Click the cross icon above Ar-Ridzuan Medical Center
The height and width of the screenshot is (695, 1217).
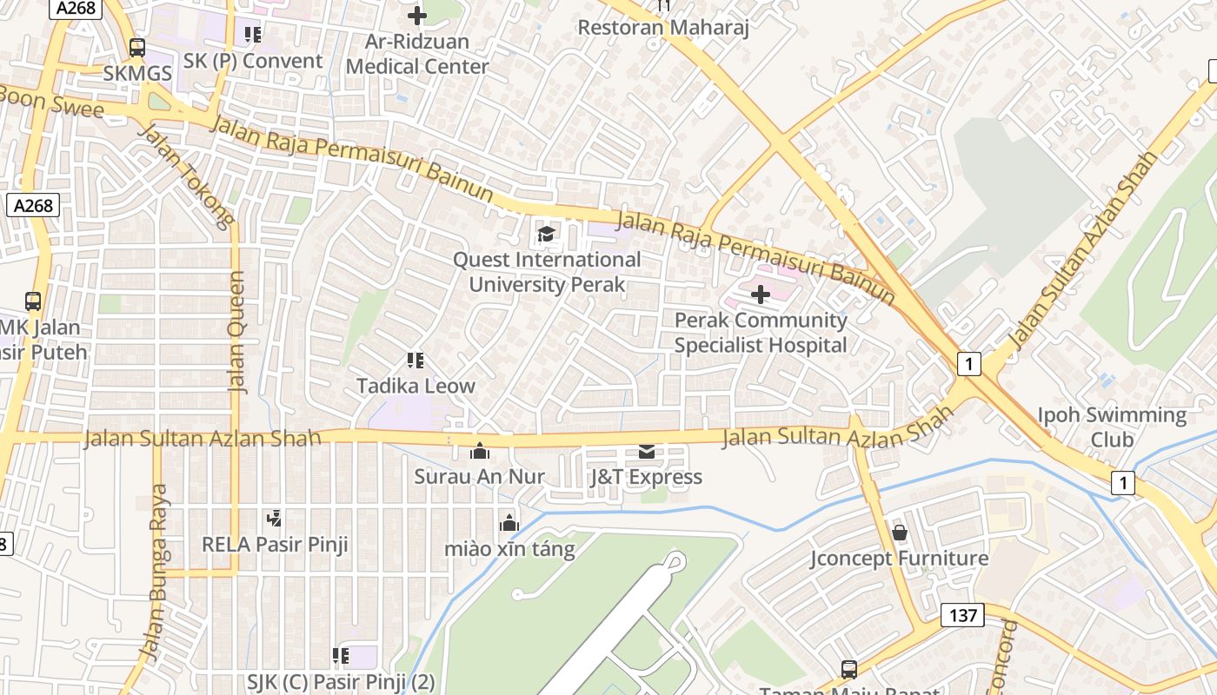pyautogui.click(x=417, y=16)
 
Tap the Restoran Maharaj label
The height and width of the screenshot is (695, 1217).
pyautogui.click(x=664, y=27)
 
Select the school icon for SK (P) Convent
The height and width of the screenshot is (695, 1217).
pyautogui.click(x=253, y=35)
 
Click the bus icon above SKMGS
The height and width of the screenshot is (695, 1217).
pyautogui.click(x=136, y=48)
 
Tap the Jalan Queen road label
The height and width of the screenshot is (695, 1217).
pyautogui.click(x=236, y=332)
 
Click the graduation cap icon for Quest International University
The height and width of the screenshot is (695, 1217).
pyautogui.click(x=546, y=233)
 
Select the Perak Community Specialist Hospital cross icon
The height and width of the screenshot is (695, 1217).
pyautogui.click(x=761, y=295)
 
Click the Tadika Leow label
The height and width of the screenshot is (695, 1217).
pyautogui.click(x=416, y=386)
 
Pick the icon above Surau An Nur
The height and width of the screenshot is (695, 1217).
pyautogui.click(x=479, y=450)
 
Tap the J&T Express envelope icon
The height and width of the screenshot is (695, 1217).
pyautogui.click(x=647, y=451)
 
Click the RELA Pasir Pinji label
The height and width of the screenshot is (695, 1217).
pyautogui.click(x=275, y=545)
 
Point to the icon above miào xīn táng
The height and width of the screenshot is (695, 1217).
pyautogui.click(x=509, y=522)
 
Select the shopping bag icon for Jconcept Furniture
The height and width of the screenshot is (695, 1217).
pyautogui.click(x=899, y=531)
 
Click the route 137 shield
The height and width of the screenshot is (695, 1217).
pyautogui.click(x=962, y=616)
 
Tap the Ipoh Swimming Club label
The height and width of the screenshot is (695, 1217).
pyautogui.click(x=1112, y=427)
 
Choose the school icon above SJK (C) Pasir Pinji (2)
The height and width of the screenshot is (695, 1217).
pyautogui.click(x=341, y=655)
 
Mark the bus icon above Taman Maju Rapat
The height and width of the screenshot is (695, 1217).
pyautogui.click(x=848, y=669)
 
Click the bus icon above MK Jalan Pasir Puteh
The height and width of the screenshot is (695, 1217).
pyautogui.click(x=33, y=301)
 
